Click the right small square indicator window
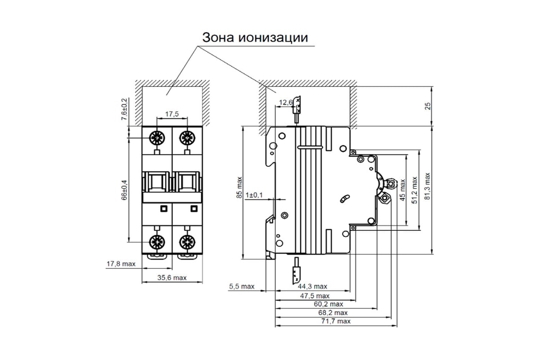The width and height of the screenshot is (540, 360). [x=194, y=208]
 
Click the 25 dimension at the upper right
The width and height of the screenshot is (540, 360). [x=428, y=106]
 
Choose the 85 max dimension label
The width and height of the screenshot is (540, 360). [x=239, y=188]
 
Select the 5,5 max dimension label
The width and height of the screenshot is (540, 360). [x=242, y=286]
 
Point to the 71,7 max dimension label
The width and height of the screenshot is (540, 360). [x=335, y=321]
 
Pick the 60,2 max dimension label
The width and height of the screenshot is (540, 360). [x=328, y=304]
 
